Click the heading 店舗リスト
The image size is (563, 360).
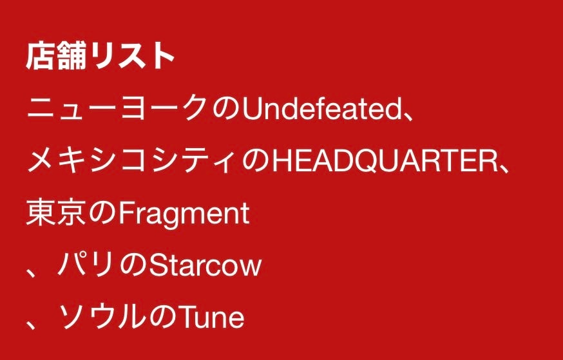tap(100, 57)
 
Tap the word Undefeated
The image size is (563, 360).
tap(321, 110)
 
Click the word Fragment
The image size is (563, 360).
tap(184, 214)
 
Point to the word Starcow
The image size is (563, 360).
tap(205, 265)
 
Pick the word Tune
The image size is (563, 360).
tap(213, 317)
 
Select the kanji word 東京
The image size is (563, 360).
tap(55, 213)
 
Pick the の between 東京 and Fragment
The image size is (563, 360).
tap(102, 214)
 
